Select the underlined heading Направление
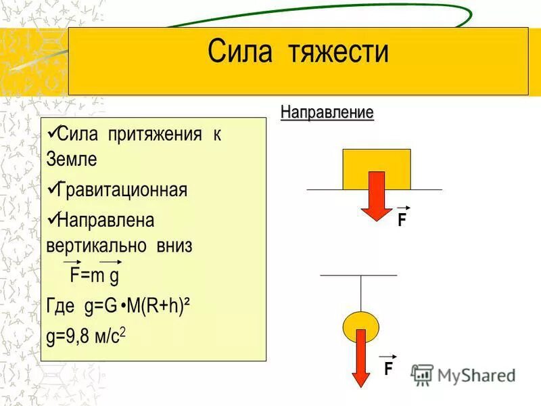[327, 112]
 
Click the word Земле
[72, 160]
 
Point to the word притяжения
[153, 134]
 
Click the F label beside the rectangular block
[402, 220]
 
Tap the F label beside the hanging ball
[388, 369]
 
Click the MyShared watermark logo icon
[423, 374]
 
